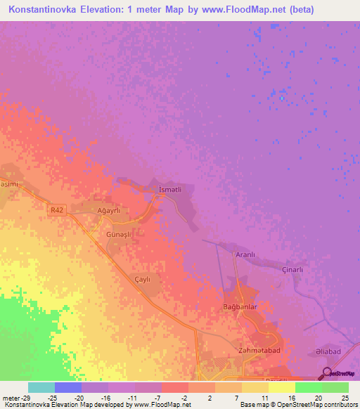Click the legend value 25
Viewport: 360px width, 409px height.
(x=344, y=397)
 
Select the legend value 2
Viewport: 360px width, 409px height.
(x=210, y=397)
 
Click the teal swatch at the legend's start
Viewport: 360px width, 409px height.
(x=41, y=387)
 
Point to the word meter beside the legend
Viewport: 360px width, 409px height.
(x=11, y=397)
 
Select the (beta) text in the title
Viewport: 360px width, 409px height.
(x=279, y=10)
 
